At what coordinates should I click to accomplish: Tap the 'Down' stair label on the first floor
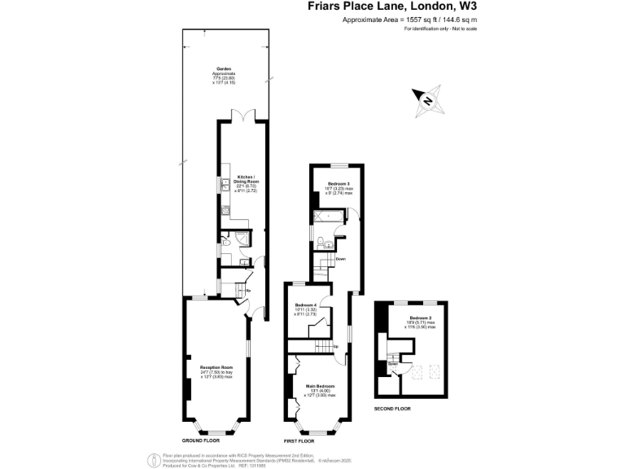point(341,260)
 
